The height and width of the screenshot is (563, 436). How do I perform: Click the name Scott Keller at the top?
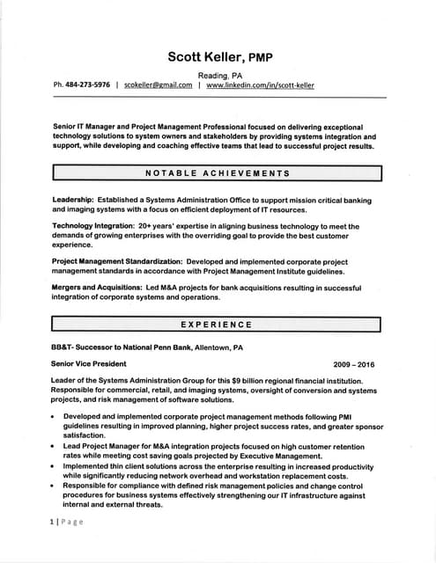point(205,57)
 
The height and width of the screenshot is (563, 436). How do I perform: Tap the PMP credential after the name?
point(259,58)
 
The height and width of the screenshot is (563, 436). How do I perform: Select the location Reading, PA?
point(219,76)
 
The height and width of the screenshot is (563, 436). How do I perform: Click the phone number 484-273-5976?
point(88,85)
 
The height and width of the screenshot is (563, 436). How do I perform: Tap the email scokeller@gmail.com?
point(158,85)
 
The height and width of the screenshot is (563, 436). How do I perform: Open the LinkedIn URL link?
point(260,85)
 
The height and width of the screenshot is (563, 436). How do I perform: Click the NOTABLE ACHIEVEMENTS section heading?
point(217,172)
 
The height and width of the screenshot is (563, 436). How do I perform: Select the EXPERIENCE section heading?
point(217,325)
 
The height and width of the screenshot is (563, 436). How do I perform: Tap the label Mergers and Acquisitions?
point(94,288)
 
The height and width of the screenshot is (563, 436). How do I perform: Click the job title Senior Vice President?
point(89,363)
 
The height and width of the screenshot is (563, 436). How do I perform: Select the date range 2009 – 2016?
point(354,364)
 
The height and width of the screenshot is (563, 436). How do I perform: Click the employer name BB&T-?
point(63,347)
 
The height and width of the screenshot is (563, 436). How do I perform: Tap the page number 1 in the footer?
point(52,522)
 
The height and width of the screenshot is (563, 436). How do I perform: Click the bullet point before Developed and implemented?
point(54,416)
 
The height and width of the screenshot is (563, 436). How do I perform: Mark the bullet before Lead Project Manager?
point(54,447)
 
